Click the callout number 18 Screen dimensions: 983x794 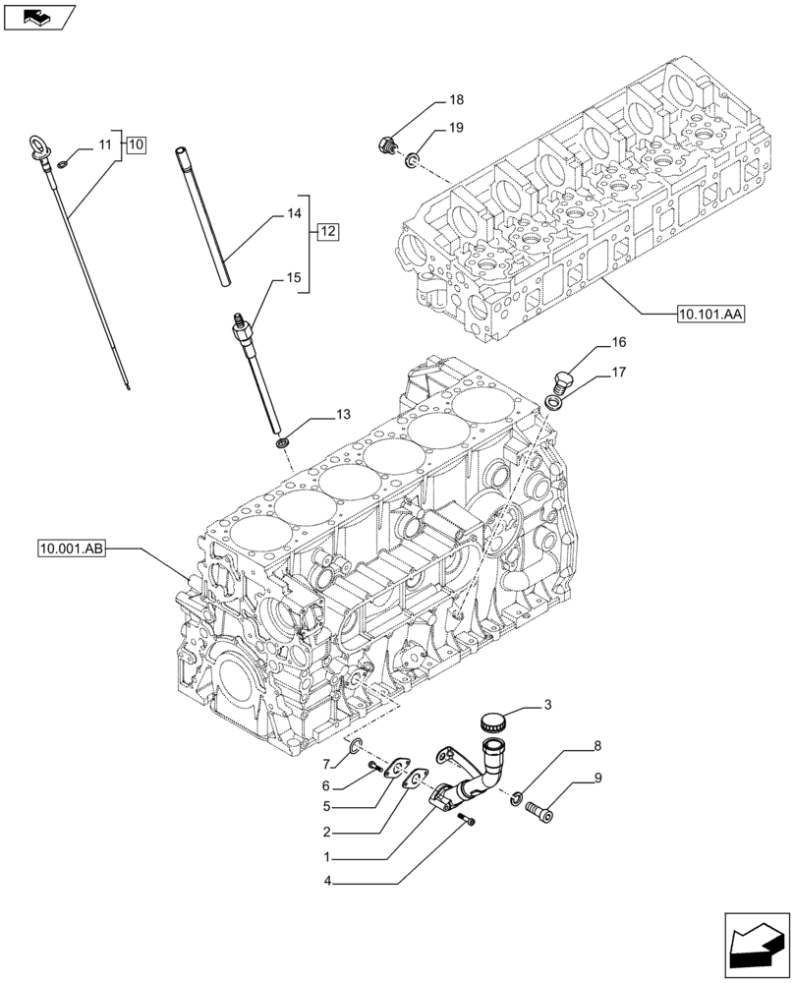[x=457, y=100]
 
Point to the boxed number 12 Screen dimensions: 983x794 [x=327, y=232]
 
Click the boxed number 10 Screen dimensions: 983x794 [x=135, y=145]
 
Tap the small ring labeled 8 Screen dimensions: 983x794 [x=518, y=795]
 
